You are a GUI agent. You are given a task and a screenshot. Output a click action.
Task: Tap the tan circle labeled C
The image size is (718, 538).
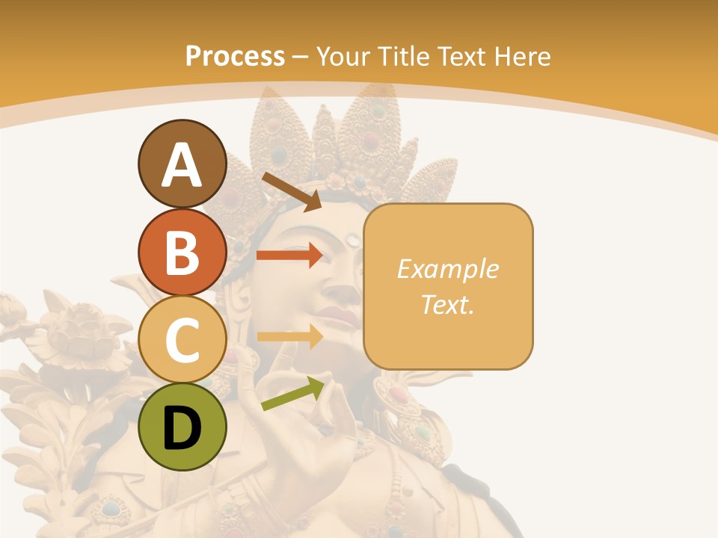click(x=182, y=340)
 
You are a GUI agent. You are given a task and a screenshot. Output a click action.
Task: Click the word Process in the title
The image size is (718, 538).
click(x=235, y=56)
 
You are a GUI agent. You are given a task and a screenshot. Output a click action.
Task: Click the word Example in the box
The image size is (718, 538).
click(x=447, y=269)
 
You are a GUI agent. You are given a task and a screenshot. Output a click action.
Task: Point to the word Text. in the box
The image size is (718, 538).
click(x=447, y=304)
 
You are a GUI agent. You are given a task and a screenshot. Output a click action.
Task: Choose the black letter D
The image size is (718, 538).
click(x=182, y=428)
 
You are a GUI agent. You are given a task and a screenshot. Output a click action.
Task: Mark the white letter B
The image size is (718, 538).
click(x=182, y=253)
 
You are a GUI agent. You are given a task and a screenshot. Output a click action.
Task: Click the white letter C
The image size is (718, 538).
click(x=182, y=340)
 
